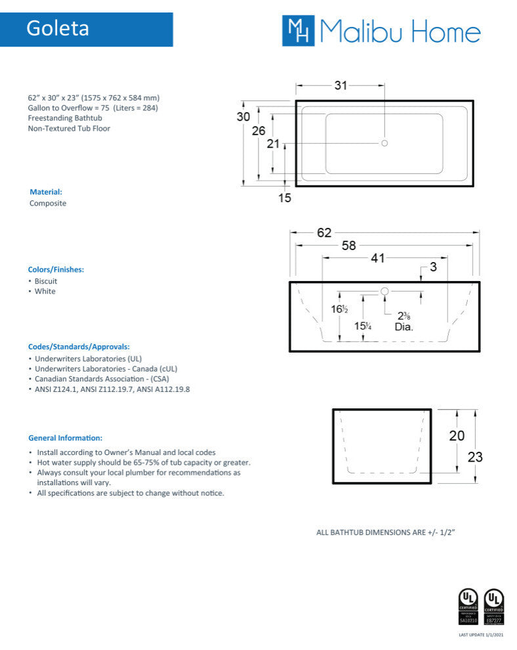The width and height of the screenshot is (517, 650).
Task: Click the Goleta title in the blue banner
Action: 58,29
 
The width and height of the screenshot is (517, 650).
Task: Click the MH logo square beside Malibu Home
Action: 299,31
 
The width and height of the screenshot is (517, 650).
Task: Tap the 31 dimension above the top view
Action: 341,85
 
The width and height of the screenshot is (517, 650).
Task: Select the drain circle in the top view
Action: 385,142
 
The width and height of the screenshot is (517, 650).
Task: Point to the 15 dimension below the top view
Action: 284,197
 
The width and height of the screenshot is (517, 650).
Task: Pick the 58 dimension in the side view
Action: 349,246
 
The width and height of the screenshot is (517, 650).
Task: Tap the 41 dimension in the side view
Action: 377,259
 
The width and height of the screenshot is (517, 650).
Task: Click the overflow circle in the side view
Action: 385,291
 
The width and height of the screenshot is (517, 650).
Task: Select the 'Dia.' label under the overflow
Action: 403,326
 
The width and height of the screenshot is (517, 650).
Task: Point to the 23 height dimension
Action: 474,457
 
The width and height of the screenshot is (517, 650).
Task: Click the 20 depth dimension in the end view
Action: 457,435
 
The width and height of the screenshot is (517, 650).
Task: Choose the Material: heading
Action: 46,192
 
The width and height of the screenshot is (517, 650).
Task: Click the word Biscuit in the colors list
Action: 46,281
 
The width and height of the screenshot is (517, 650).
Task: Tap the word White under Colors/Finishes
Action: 45,292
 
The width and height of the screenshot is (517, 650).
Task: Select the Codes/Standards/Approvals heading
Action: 78,347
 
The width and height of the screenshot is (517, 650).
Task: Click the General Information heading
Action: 65,437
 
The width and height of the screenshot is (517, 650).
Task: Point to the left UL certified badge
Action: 467,606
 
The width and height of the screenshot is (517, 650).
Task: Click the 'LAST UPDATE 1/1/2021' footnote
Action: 481,634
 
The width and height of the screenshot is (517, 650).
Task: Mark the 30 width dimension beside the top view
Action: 243,116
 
